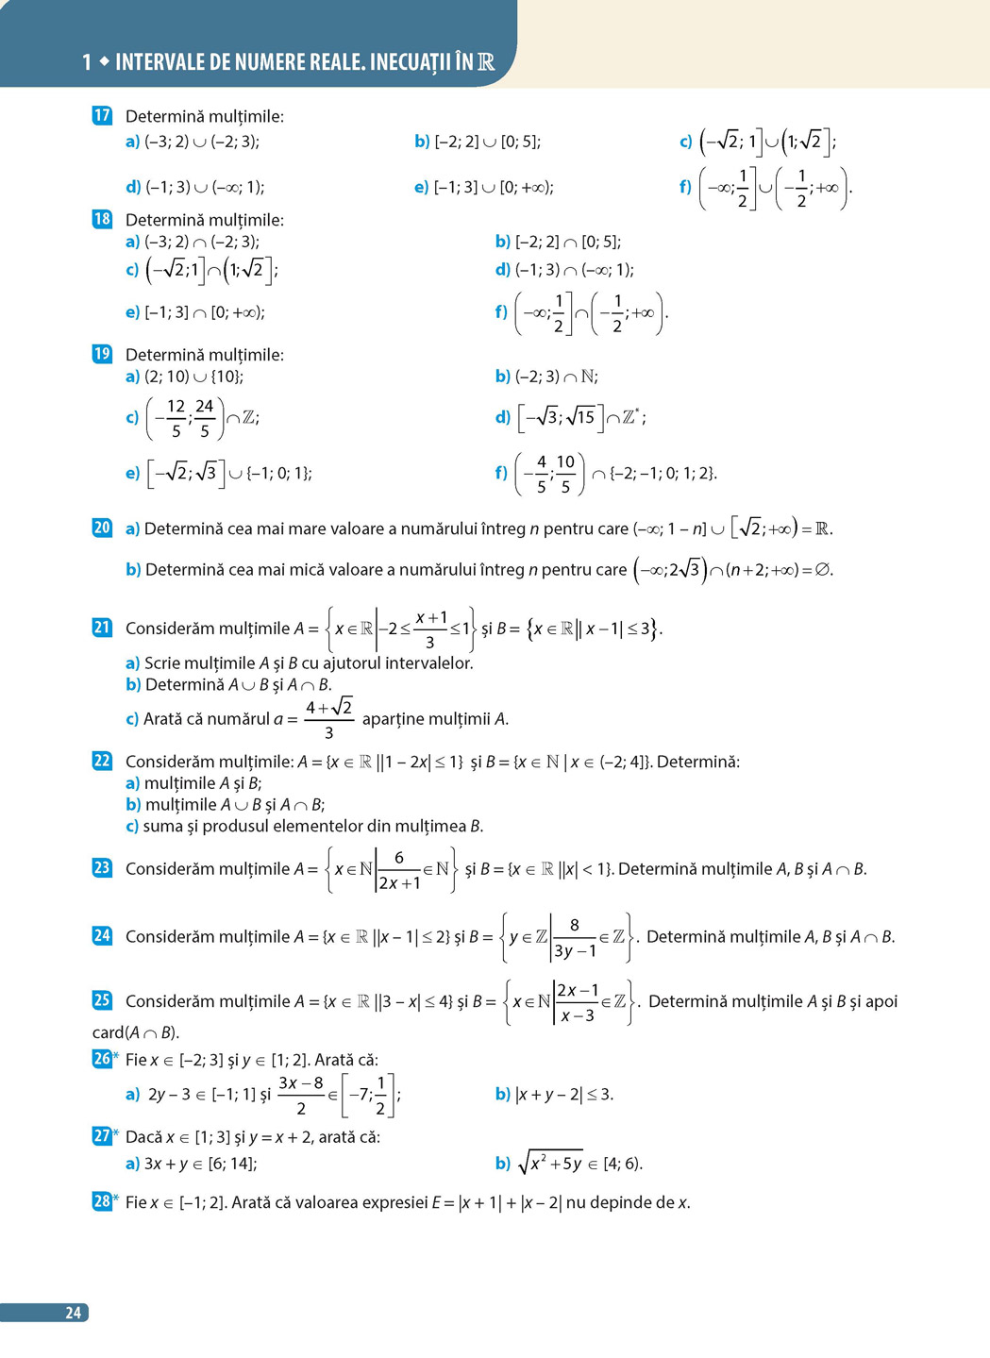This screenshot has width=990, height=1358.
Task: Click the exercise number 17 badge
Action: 102,116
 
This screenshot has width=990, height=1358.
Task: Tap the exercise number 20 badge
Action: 102,528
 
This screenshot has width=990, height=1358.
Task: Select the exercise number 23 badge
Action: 102,867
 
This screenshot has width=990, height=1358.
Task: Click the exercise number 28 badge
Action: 102,1201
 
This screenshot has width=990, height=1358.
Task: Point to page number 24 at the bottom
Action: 73,1313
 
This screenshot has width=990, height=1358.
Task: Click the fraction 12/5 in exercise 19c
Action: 176,418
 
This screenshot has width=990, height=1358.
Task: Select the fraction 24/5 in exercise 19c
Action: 204,418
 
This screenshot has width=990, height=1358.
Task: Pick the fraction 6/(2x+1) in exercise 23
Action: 399,870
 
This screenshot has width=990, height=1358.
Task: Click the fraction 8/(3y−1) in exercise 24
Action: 574,938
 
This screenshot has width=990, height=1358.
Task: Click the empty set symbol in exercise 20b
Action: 824,570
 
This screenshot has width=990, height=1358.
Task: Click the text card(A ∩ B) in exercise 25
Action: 136,1032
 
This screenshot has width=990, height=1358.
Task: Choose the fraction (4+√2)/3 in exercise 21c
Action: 328,719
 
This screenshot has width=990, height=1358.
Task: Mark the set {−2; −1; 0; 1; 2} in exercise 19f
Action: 663,473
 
